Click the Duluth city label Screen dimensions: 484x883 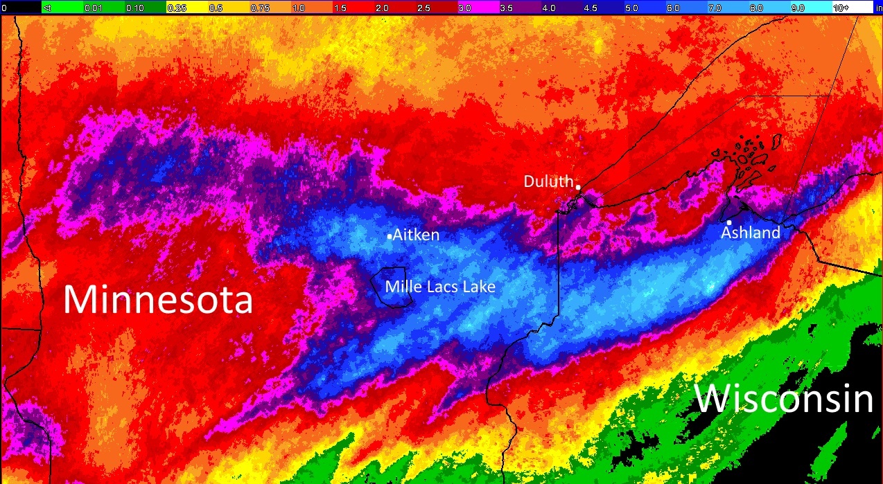point(548,182)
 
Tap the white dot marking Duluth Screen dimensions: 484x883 point(578,187)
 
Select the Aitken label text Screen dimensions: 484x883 point(416,235)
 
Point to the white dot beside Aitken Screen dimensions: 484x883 point(390,237)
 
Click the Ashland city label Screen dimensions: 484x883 point(751,233)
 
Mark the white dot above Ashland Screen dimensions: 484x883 point(729,222)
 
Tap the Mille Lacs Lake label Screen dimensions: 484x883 point(440,286)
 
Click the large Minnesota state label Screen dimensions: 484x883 point(158,301)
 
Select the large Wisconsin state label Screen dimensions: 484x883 point(783,400)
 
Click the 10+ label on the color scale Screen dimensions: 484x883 point(841,8)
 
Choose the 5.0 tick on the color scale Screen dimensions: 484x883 point(631,8)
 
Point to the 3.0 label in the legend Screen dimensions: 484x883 point(464,8)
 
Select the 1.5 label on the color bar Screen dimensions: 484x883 point(341,8)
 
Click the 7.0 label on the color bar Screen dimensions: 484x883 point(715,8)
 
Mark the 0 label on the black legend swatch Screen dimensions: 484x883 point(4,8)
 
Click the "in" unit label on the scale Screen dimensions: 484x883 point(878,8)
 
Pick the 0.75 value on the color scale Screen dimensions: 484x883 point(259,8)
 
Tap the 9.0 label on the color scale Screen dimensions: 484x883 point(798,8)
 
